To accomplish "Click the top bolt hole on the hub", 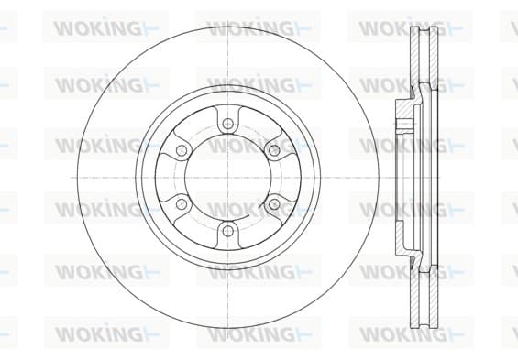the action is (227, 124).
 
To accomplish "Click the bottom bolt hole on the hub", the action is (227, 230).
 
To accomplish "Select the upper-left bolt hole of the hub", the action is (181, 151).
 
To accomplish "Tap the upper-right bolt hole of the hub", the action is (274, 151).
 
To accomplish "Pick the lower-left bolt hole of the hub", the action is (181, 204).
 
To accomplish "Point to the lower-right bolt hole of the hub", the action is (274, 204).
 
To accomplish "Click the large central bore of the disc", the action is (227, 177).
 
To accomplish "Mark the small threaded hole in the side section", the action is (405, 125).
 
